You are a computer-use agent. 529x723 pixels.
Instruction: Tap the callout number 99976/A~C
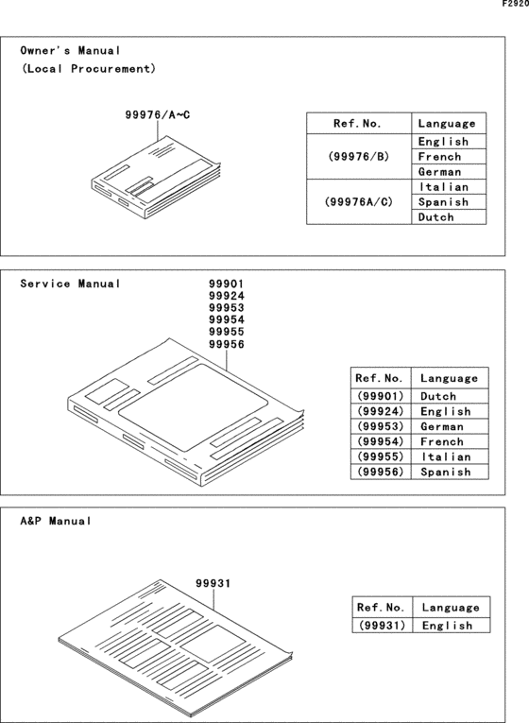157,114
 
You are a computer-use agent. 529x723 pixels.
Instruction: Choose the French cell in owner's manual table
439,157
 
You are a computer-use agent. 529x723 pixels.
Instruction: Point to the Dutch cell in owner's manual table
435,217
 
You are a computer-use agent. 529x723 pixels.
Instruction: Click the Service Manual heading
71,284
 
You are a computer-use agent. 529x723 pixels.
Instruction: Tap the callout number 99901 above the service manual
226,283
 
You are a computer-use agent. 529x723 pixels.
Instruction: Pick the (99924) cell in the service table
380,411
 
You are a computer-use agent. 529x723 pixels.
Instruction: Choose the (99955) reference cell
380,456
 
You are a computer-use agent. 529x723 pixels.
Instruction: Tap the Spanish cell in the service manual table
445,472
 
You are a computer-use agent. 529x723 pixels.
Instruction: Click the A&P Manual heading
57,521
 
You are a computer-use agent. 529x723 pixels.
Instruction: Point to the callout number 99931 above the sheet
213,584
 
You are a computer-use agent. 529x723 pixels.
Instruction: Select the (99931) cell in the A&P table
382,625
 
